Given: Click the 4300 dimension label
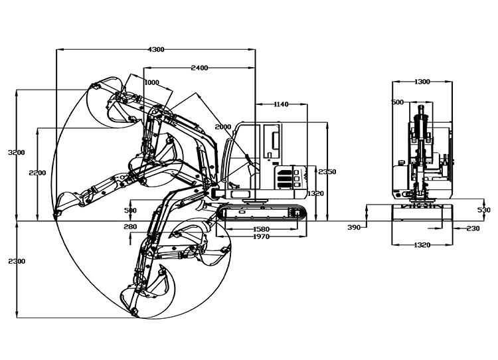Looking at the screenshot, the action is click(156, 49).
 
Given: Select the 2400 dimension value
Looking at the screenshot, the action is click(199, 68).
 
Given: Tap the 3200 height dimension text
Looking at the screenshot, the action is click(17, 152).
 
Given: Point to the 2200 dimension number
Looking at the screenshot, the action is click(37, 173).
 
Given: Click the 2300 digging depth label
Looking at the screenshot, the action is click(17, 261).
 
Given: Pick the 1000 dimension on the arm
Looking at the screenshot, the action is click(151, 82).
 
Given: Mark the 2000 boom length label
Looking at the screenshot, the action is click(223, 127).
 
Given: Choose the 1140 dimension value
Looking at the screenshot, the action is click(281, 104).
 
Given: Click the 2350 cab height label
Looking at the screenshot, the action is click(327, 171).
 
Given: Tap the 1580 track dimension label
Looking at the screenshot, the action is click(262, 229).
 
